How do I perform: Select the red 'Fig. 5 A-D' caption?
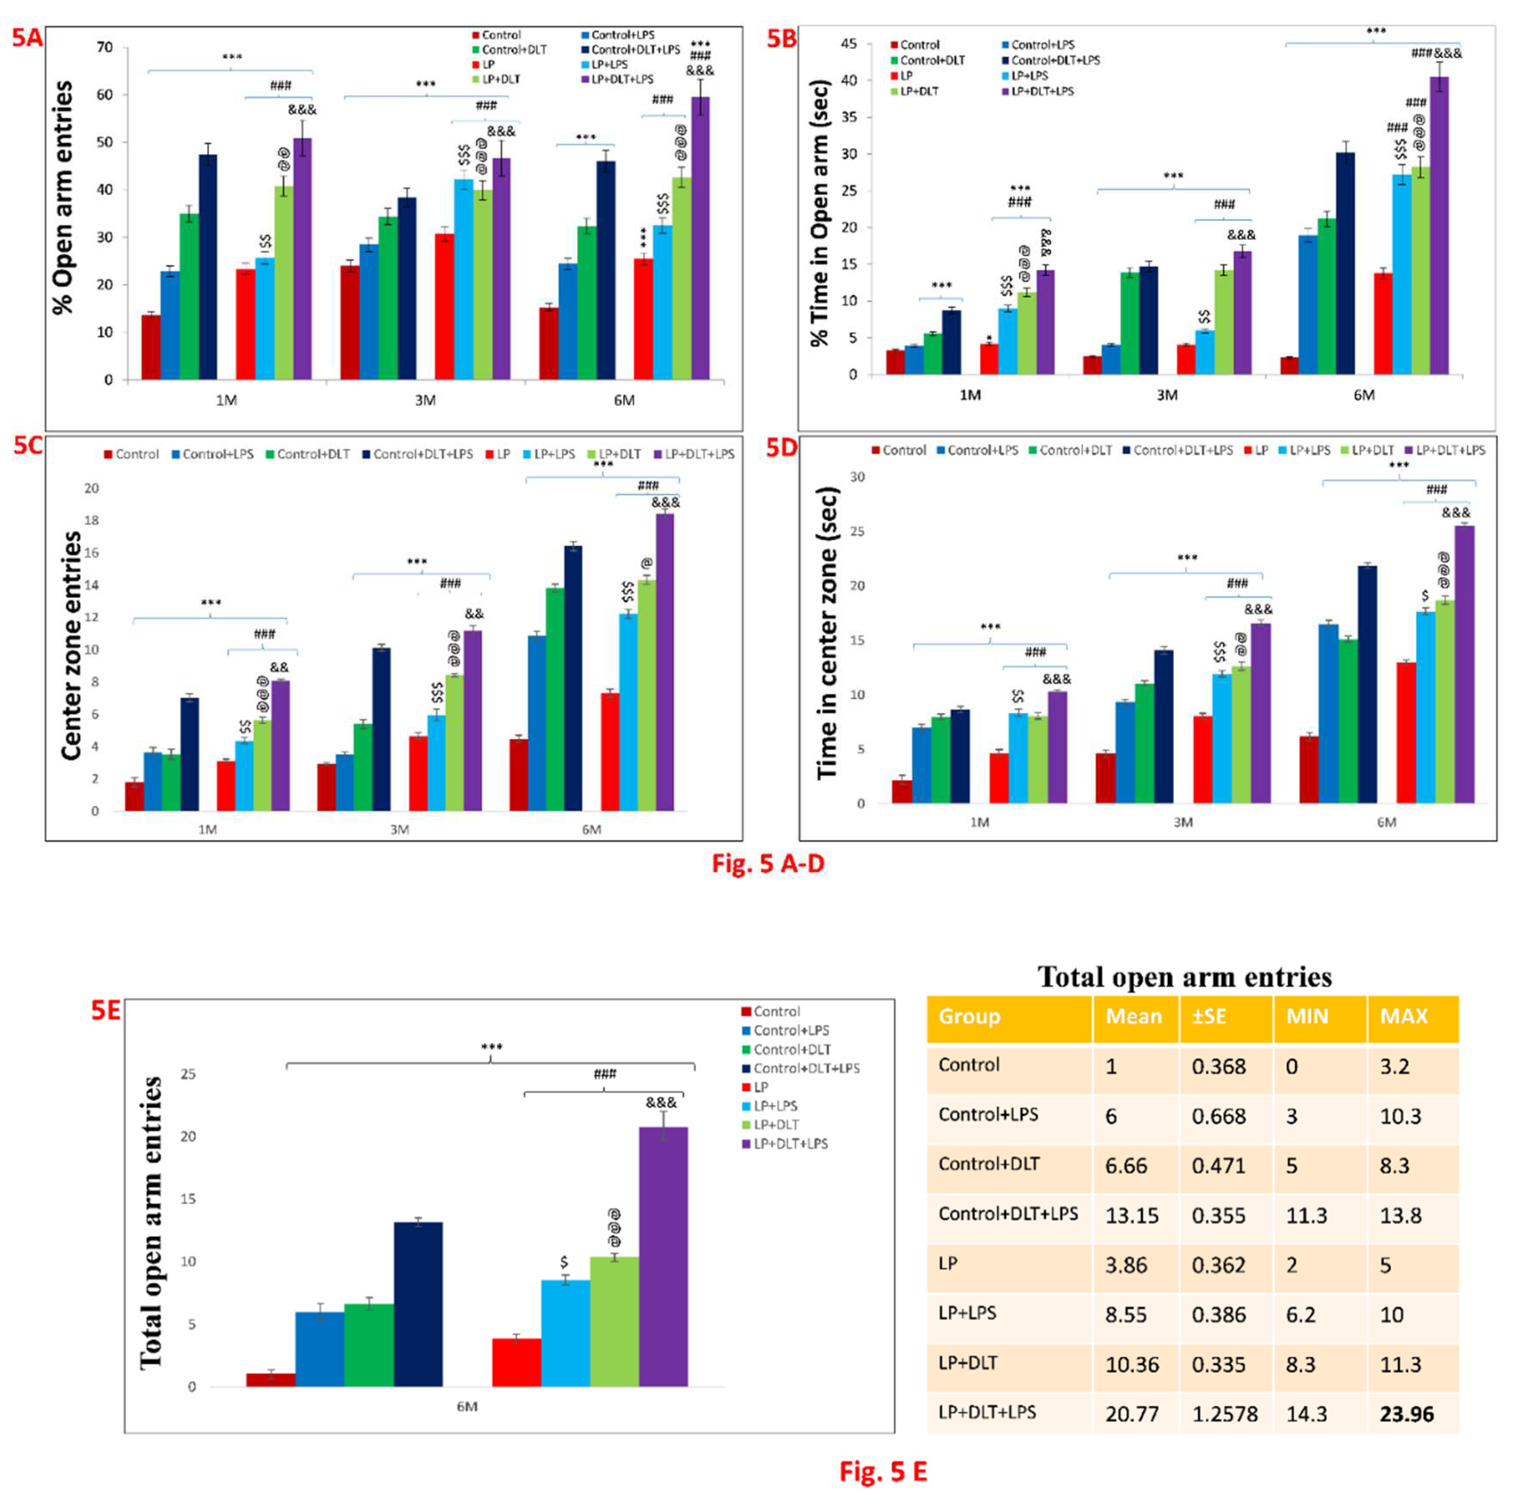click(x=768, y=863)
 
